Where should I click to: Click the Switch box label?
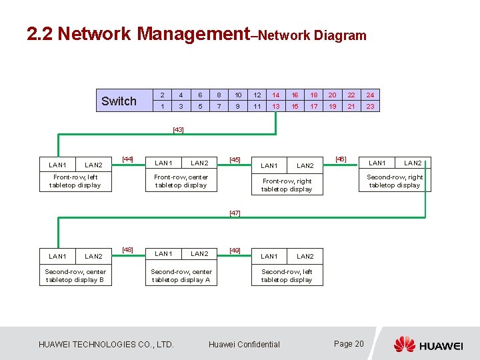(119, 101)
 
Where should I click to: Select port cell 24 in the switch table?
(370, 95)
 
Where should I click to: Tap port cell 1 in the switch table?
(162, 107)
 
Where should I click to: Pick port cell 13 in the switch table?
(276, 107)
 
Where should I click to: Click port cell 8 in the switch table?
(219, 95)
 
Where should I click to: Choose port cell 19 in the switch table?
(333, 107)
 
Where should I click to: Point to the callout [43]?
(178, 129)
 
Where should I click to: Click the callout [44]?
(128, 159)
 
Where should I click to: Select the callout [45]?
(235, 160)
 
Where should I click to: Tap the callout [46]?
(340, 159)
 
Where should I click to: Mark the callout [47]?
(235, 213)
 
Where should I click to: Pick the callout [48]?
(128, 250)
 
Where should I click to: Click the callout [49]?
(235, 251)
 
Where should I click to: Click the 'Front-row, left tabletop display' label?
(75, 181)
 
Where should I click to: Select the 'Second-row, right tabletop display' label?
(395, 181)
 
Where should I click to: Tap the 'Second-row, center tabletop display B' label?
(75, 276)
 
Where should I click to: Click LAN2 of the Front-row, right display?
(305, 166)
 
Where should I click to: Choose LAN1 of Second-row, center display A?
(163, 253)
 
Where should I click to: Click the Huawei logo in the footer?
(427, 344)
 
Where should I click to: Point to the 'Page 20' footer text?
(349, 344)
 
